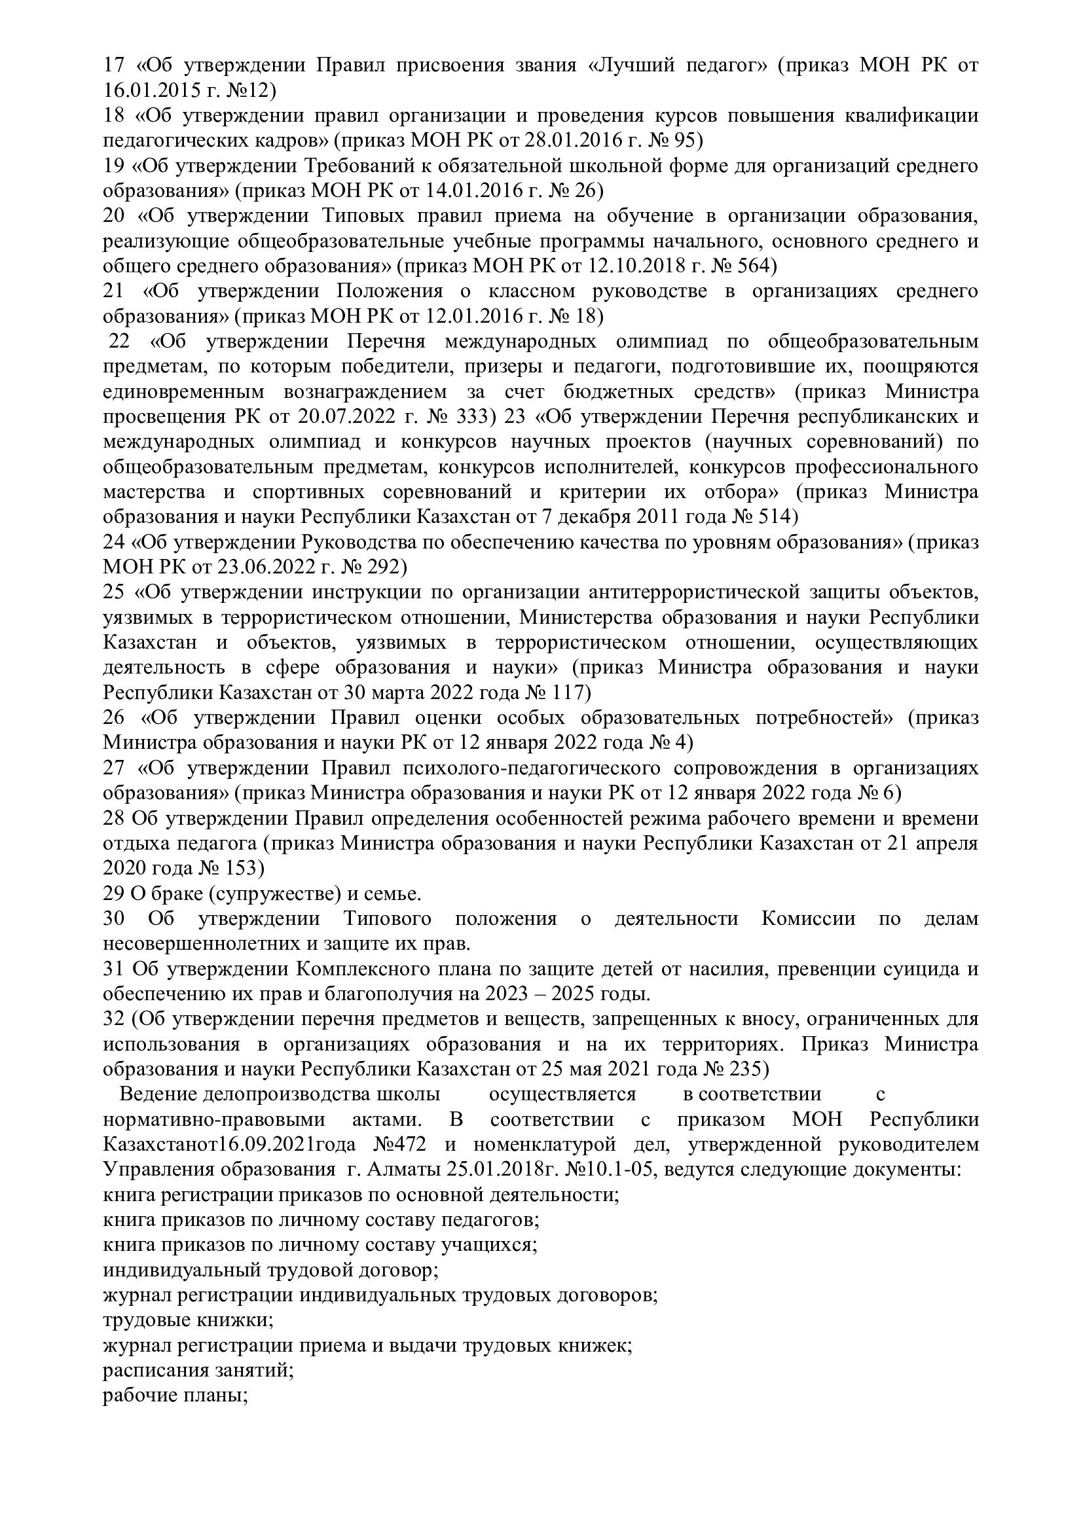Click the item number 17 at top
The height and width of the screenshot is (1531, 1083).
pos(114,65)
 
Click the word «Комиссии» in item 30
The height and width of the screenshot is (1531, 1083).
pos(807,919)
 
